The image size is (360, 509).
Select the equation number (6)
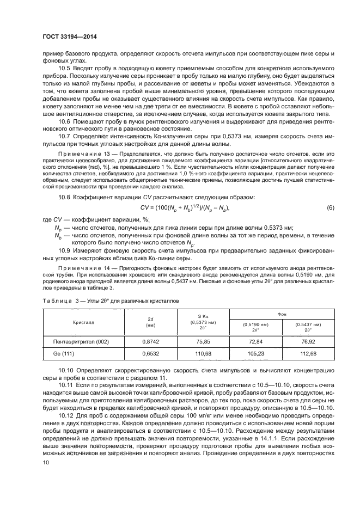point(330,208)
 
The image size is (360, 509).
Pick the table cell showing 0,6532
point(150,354)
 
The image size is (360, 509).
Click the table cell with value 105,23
point(255,354)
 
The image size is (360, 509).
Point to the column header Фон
point(282,314)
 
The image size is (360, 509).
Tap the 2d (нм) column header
point(150,322)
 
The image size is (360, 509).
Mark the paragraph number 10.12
point(66,415)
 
